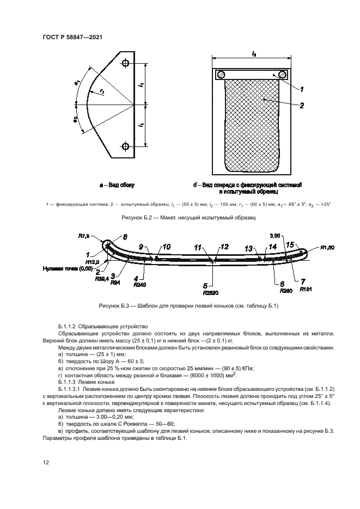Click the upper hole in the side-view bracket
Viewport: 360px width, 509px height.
(126, 64)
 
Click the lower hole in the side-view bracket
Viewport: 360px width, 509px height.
(126, 146)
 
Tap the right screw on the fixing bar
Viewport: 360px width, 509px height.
(282, 75)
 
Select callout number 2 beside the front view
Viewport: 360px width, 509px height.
(301, 106)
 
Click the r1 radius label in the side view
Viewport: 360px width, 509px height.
(102, 93)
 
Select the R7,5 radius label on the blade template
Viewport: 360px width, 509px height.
(82, 236)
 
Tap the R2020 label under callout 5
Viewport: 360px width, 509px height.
(205, 291)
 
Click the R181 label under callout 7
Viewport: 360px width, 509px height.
(306, 290)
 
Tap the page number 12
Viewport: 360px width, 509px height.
(46, 462)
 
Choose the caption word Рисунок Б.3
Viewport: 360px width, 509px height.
(115, 304)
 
